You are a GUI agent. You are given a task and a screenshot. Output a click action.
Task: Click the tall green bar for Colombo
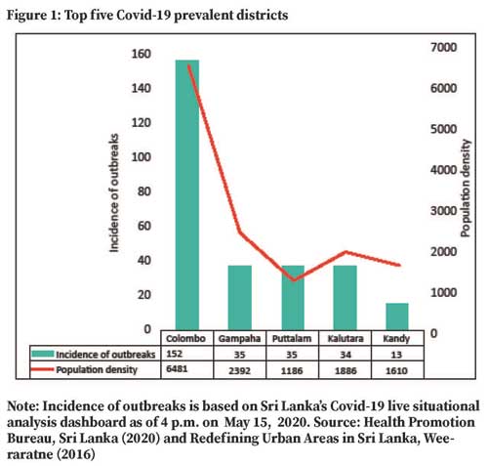[187, 194]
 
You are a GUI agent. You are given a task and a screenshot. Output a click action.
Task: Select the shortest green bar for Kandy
[397, 317]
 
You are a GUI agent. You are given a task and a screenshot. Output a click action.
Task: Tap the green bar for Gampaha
[240, 298]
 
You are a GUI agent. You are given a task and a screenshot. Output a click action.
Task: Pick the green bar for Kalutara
[346, 298]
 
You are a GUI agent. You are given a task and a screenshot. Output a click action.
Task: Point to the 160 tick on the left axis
[142, 54]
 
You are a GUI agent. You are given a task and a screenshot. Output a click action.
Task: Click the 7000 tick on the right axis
[444, 47]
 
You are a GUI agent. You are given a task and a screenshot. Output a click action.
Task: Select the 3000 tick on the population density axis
[444, 211]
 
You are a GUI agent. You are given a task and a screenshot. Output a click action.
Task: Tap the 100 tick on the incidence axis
[142, 157]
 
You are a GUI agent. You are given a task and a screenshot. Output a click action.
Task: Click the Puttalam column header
[292, 339]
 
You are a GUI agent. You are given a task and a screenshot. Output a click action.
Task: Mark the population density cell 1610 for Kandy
[396, 370]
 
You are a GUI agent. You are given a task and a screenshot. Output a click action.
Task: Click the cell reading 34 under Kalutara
[346, 355]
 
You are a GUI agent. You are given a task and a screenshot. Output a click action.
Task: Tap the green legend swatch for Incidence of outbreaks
[43, 354]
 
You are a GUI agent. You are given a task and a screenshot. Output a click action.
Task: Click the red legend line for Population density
[42, 369]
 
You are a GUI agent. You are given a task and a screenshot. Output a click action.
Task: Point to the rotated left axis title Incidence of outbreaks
[114, 192]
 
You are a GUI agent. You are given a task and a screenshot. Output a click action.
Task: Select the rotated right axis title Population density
[466, 189]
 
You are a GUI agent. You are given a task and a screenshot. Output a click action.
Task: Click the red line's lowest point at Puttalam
[294, 280]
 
